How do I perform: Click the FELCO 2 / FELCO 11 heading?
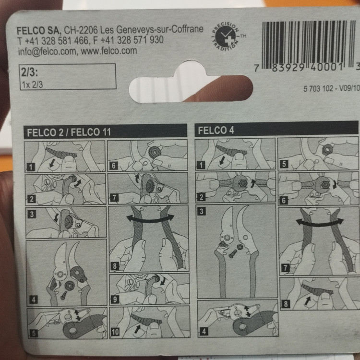tap(69, 132)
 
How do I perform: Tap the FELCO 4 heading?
tap(216, 130)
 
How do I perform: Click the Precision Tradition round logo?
tap(225, 36)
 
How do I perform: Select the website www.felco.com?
tap(109, 51)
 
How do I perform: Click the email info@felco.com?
tap(47, 51)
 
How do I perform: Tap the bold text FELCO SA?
tap(38, 31)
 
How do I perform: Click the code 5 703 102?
tap(318, 88)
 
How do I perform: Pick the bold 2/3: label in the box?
tap(29, 72)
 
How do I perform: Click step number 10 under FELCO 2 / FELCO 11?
tap(115, 332)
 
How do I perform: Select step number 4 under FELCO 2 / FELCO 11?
tap(34, 300)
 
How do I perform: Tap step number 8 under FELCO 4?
tap(286, 304)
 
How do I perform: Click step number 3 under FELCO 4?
tap(201, 211)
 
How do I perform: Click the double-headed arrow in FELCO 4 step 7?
tap(320, 222)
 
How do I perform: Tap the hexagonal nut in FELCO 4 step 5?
tap(326, 149)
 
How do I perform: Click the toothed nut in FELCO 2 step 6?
tap(154, 152)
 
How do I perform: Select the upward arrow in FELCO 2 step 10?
tap(137, 328)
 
